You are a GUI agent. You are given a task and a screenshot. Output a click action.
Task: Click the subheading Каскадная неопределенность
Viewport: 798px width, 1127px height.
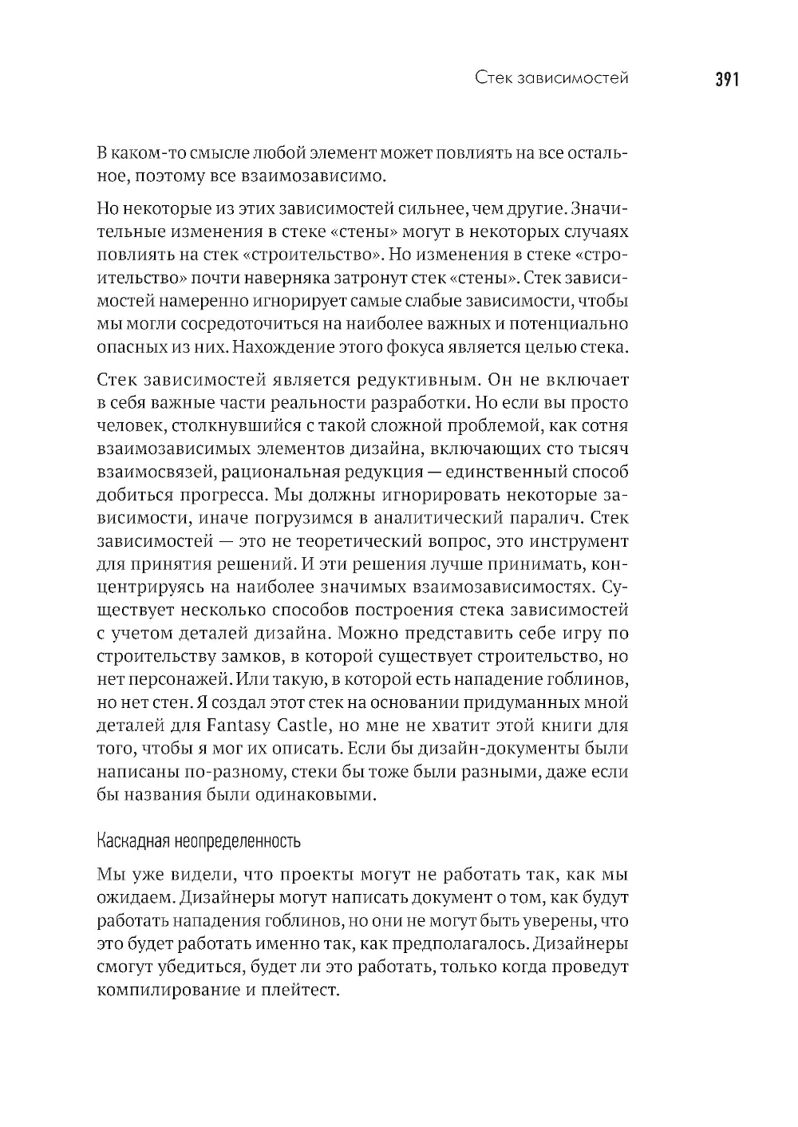(x=198, y=841)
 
